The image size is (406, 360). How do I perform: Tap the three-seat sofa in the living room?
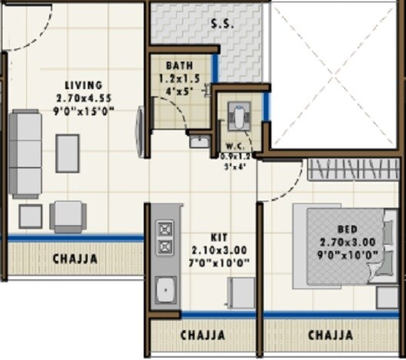pos(27,154)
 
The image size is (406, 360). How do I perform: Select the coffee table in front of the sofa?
pos(68,152)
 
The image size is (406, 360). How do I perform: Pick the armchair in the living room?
pos(68,216)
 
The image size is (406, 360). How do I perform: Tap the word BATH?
pos(179,66)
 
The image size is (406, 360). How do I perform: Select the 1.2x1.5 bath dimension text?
pos(179,78)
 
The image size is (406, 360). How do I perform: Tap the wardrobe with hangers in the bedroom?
pos(355,169)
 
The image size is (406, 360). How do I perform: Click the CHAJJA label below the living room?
pos(75,258)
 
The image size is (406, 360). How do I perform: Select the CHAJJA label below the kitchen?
pos(202,335)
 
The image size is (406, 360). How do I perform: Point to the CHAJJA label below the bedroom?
pos(331,335)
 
